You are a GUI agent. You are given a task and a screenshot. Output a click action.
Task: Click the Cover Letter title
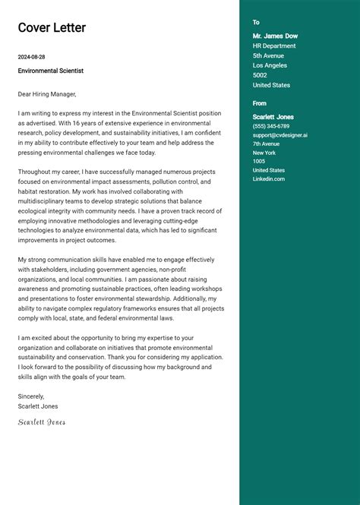pos(52,28)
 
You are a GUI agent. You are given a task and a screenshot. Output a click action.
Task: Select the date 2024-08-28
pos(32,57)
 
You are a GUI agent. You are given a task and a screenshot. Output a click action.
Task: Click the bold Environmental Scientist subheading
pos(51,71)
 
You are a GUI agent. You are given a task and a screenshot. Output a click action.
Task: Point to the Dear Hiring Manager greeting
pos(47,94)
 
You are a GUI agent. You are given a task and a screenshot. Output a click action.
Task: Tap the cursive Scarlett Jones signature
pos(42,422)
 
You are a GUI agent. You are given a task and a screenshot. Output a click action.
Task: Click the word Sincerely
pos(31,396)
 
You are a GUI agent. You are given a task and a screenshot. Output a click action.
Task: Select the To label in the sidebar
pos(256,23)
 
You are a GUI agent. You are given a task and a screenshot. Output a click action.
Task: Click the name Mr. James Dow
pos(275,36)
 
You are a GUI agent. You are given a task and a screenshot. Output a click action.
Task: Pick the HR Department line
pos(274,46)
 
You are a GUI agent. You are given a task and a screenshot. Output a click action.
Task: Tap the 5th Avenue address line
pos(268,55)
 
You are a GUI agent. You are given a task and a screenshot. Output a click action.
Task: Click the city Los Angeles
pos(269,65)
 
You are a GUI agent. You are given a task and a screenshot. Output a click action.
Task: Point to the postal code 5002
pos(260,75)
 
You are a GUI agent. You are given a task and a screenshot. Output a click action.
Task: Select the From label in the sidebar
pos(260,103)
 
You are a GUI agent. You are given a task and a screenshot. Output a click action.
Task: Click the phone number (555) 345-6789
pos(271,126)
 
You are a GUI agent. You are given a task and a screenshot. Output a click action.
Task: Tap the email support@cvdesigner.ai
pos(280,135)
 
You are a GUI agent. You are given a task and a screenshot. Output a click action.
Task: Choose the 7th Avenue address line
pos(267,144)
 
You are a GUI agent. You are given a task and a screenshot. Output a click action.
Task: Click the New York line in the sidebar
pos(265,153)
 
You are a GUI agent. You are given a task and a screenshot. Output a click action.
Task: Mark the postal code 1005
pos(259,161)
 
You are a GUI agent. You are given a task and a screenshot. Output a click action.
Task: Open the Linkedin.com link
pos(269,178)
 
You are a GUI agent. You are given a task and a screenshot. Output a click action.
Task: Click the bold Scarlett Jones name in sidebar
pos(273,117)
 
